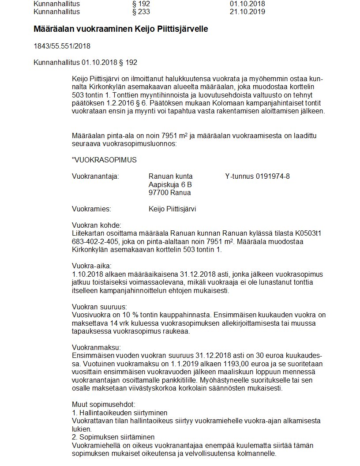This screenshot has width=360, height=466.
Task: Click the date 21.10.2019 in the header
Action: (247, 11)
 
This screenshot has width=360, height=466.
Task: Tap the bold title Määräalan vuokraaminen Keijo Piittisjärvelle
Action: (120, 29)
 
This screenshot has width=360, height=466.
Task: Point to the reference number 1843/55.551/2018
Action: (62, 46)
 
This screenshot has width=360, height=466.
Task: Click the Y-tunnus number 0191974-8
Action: (273, 177)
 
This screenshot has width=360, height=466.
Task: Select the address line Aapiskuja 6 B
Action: (170, 184)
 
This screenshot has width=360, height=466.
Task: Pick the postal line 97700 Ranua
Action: (170, 192)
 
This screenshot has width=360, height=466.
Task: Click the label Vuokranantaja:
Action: (95, 177)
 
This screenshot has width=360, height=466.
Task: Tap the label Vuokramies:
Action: (91, 209)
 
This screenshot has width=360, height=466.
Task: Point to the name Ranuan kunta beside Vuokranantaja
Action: (171, 177)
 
